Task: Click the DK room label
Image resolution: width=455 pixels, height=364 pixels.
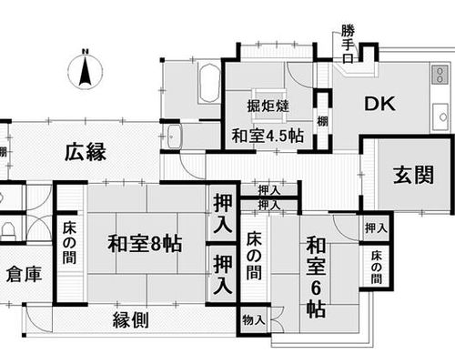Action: tap(379, 104)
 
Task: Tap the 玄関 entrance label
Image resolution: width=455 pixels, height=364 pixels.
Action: tap(413, 175)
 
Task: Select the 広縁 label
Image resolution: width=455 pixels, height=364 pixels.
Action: tap(86, 152)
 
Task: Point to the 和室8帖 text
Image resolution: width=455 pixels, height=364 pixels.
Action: tap(145, 244)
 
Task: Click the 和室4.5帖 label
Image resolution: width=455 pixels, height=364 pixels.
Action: tap(268, 136)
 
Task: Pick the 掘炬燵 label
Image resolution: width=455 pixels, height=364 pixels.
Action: tap(268, 106)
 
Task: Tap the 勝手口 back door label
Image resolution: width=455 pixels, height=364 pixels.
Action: tap(348, 44)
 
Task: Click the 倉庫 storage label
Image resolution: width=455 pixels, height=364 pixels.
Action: tap(24, 275)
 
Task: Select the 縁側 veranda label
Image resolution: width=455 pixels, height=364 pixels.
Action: tap(131, 320)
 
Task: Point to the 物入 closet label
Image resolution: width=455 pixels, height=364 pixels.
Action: tap(254, 319)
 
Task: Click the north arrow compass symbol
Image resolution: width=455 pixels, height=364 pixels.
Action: tap(86, 71)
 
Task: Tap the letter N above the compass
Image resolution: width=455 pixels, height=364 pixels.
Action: tap(86, 51)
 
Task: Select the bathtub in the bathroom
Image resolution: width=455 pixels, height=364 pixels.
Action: tap(209, 83)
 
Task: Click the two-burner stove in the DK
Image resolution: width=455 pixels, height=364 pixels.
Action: tap(440, 75)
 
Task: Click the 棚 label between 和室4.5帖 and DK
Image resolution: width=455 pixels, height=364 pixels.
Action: tap(322, 121)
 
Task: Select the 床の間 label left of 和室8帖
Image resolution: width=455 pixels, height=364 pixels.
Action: tap(69, 243)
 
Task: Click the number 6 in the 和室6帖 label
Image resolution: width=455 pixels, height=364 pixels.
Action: tap(316, 288)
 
